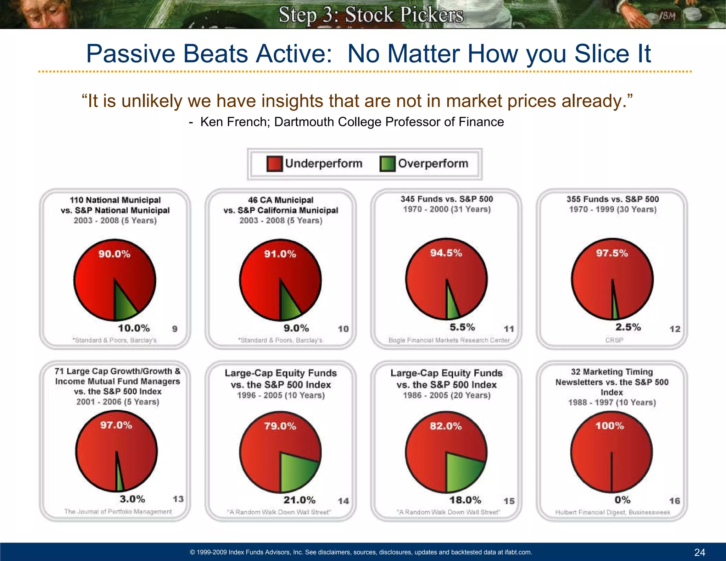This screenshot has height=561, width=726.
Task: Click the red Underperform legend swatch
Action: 274,164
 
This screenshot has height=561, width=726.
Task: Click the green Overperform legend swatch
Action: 387,164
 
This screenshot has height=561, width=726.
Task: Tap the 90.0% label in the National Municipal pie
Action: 114,254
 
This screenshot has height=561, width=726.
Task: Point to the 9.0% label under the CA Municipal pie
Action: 296,328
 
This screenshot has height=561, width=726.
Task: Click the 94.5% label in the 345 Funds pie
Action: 446,253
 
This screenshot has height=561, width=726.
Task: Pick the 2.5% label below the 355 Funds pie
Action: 628,327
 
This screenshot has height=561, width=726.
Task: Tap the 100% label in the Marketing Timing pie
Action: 609,426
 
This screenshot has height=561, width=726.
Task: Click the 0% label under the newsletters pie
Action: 622,500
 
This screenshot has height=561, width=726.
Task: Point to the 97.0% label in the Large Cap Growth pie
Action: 116,425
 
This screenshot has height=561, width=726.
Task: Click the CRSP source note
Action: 614,340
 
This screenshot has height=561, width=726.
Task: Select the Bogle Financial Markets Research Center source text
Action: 449,340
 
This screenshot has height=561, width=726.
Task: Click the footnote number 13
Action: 178,499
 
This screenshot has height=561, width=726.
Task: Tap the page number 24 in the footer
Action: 699,552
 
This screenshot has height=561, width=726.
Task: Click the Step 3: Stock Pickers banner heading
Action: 370,15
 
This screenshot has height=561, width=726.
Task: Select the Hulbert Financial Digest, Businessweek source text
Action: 613,512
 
